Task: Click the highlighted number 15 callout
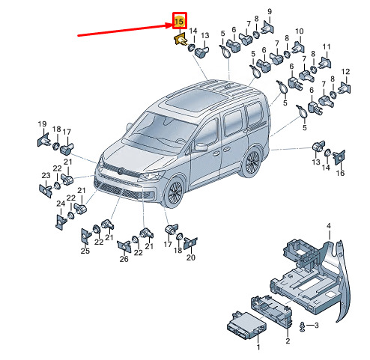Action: click(179, 21)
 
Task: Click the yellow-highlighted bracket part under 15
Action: click(181, 40)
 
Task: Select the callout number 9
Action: click(270, 11)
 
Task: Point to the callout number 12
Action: click(345, 72)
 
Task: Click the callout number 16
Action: click(340, 173)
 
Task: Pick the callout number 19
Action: click(42, 123)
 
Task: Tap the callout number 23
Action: click(46, 175)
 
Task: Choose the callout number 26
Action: click(124, 259)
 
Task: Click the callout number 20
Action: click(191, 257)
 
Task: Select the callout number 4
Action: click(329, 226)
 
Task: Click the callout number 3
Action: click(317, 325)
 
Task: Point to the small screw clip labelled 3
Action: click(303, 327)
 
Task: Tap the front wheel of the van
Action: click(174, 192)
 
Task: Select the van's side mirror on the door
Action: click(201, 147)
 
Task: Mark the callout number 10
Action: click(300, 31)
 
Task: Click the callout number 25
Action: click(85, 251)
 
